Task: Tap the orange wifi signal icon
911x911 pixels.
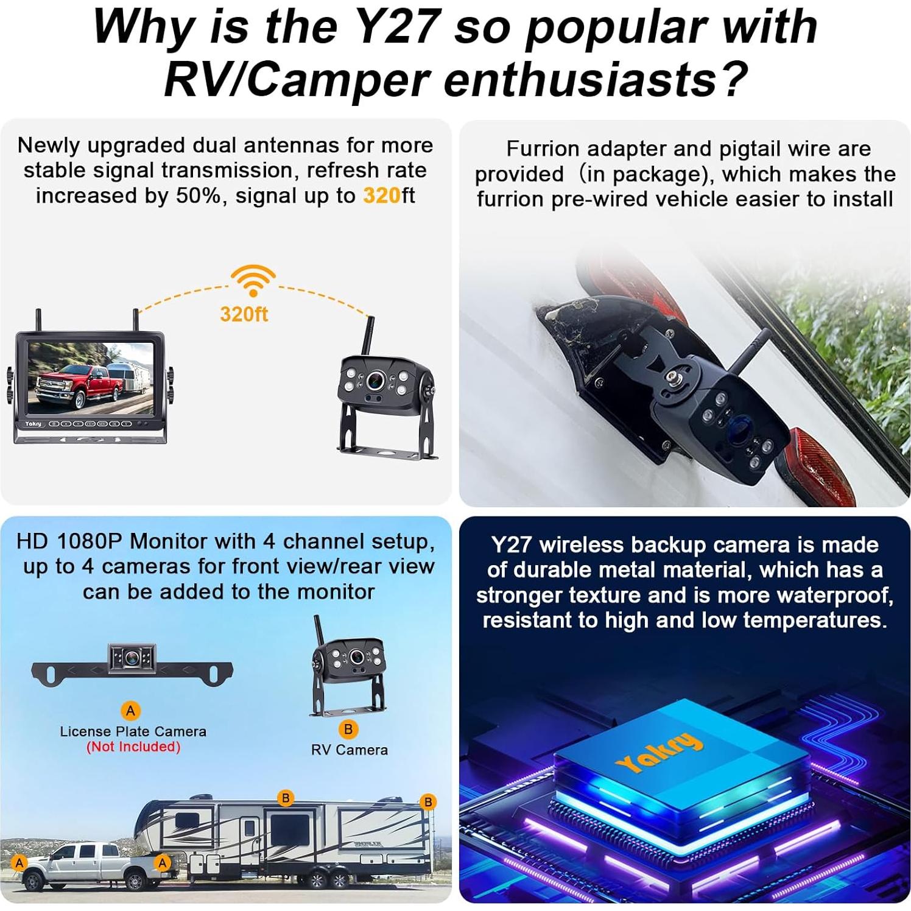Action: (253, 280)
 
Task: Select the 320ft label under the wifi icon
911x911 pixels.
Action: (244, 314)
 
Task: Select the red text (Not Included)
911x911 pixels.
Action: (133, 747)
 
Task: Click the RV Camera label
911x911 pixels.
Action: (350, 750)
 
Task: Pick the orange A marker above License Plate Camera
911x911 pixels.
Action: (130, 710)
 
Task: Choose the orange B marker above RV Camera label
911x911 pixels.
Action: (348, 729)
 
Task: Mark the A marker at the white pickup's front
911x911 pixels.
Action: (19, 863)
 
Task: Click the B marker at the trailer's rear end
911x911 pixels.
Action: (428, 802)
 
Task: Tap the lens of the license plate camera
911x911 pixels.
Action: (132, 657)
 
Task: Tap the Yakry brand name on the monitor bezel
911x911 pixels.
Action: (33, 423)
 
